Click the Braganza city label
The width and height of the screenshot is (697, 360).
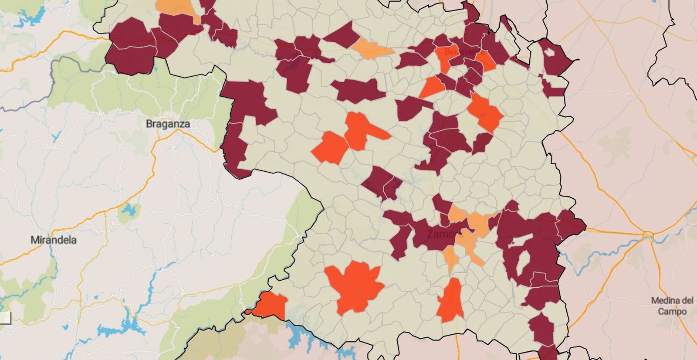pyautogui.click(x=168, y=124)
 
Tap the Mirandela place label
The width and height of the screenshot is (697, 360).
pyautogui.click(x=54, y=240)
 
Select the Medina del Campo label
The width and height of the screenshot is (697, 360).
pyautogui.click(x=672, y=306)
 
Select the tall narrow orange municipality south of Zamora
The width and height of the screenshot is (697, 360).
pyautogui.click(x=451, y=301)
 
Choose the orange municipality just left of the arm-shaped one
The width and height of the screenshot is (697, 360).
pyautogui.click(x=331, y=148)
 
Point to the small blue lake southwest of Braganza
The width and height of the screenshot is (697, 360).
pyautogui.click(x=129, y=211)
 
